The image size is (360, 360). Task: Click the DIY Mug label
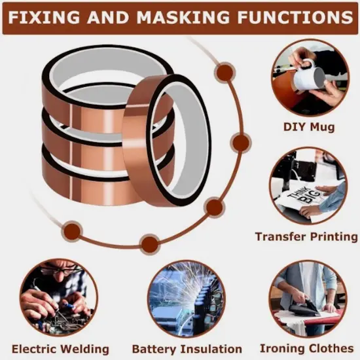(309, 126)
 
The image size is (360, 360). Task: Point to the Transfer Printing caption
(307, 236)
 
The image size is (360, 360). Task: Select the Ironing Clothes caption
(307, 348)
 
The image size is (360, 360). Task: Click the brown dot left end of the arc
(72, 230)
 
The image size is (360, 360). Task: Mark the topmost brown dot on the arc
(225, 73)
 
